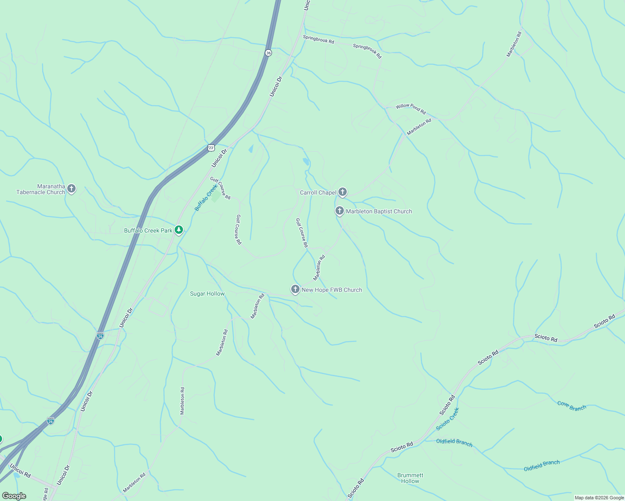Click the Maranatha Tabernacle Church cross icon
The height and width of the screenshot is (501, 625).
(x=71, y=189)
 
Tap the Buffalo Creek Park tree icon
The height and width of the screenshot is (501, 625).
(x=179, y=230)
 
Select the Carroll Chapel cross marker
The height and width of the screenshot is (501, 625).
(x=343, y=192)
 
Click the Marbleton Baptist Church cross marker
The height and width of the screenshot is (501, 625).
(x=340, y=211)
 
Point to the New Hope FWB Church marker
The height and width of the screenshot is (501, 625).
(x=295, y=289)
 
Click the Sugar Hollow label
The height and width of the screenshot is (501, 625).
(x=207, y=294)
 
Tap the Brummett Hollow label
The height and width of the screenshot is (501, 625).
(x=410, y=478)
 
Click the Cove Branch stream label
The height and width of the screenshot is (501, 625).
(x=572, y=405)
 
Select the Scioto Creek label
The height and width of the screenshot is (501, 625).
(x=447, y=419)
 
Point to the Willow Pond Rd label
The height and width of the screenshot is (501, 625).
(x=411, y=109)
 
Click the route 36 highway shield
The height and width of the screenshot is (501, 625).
(x=268, y=53)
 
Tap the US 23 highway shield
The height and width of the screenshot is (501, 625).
(x=211, y=148)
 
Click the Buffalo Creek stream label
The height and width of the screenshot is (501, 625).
(x=207, y=197)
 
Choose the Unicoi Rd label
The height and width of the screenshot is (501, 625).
(x=20, y=471)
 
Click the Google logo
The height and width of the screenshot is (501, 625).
(x=14, y=496)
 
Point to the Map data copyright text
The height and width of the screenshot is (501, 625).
(x=599, y=498)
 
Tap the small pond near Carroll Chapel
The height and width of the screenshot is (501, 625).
(x=306, y=162)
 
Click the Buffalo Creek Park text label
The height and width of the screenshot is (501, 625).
(x=148, y=230)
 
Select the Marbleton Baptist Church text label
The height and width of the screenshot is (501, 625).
(x=379, y=211)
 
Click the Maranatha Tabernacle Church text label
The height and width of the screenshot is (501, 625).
(x=41, y=189)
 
